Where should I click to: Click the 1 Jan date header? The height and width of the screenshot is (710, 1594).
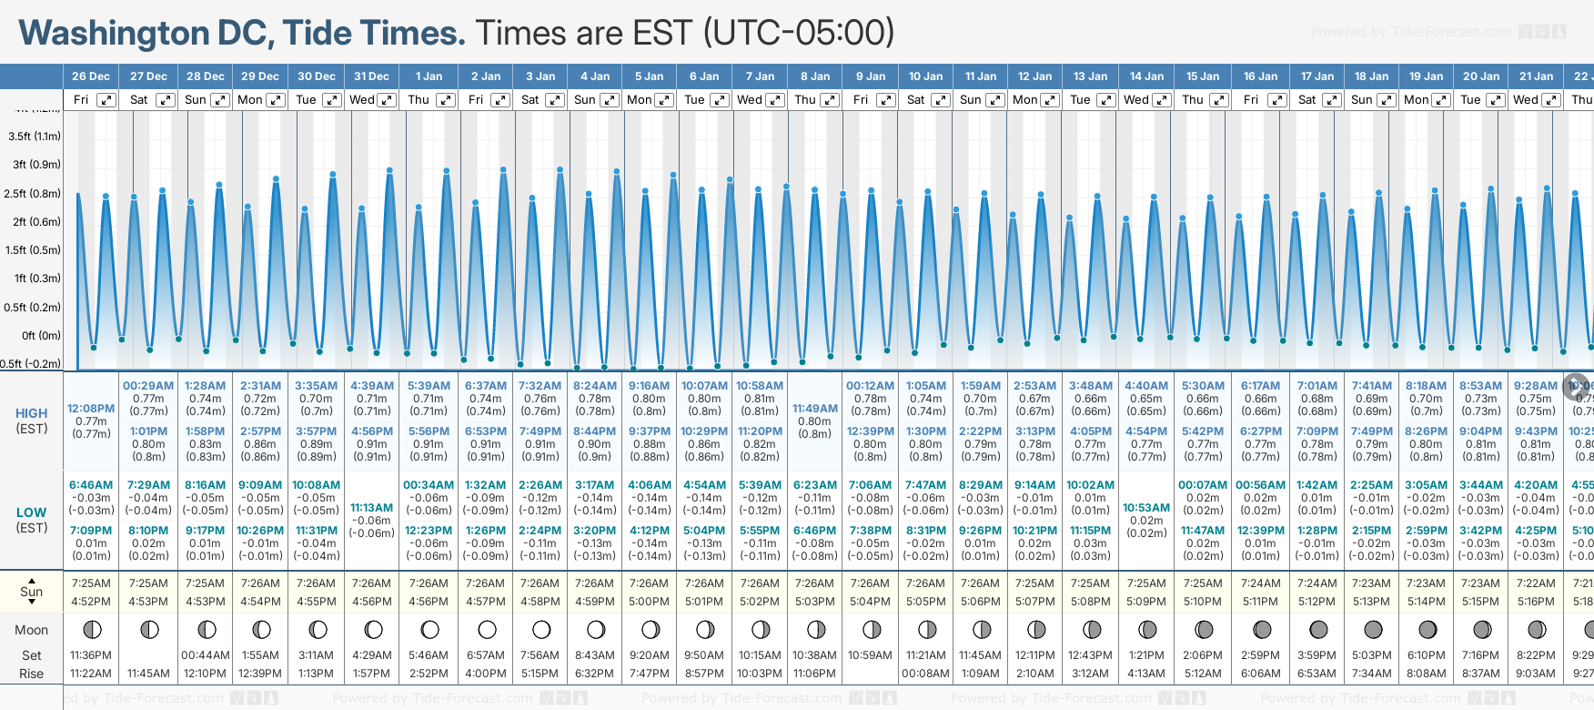pos(429,76)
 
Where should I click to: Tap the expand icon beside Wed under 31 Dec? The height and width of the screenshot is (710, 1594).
pos(387,100)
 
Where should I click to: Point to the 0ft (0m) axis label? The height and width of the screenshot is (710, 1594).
pos(41,335)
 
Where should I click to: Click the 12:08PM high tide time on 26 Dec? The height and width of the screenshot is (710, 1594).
pos(91,409)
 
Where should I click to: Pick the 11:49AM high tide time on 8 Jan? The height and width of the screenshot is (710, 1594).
pos(815,409)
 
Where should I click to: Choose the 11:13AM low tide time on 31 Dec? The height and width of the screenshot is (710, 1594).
pos(372,508)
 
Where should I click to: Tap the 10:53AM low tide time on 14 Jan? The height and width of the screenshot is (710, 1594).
pos(1146,508)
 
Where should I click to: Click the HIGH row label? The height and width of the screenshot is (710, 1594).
pos(32,413)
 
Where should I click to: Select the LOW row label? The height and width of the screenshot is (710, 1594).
pos(32,512)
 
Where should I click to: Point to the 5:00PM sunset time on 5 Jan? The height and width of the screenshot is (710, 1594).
pos(650,602)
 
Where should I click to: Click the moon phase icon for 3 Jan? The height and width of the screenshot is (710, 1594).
pos(541,629)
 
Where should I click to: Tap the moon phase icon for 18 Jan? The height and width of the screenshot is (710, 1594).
pos(1373,629)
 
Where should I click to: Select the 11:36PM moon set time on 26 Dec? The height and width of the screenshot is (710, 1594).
pos(91,655)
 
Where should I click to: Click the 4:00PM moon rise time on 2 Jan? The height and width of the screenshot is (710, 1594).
pos(486,674)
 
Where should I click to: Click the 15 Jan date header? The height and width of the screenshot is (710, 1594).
pos(1203,76)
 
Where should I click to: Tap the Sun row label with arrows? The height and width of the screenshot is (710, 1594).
pos(32,592)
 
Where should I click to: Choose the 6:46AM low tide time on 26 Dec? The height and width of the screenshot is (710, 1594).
pos(91,485)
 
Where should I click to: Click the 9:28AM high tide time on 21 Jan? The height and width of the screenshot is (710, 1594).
pos(1536,386)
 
